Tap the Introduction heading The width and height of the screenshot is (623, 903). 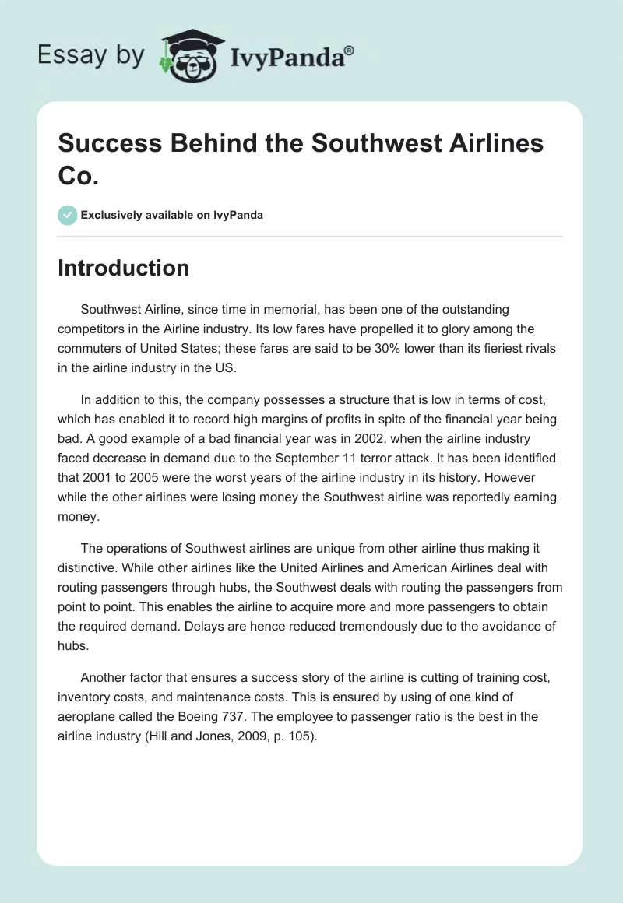[x=124, y=268]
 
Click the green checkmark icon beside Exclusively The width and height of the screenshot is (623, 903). [x=68, y=215]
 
